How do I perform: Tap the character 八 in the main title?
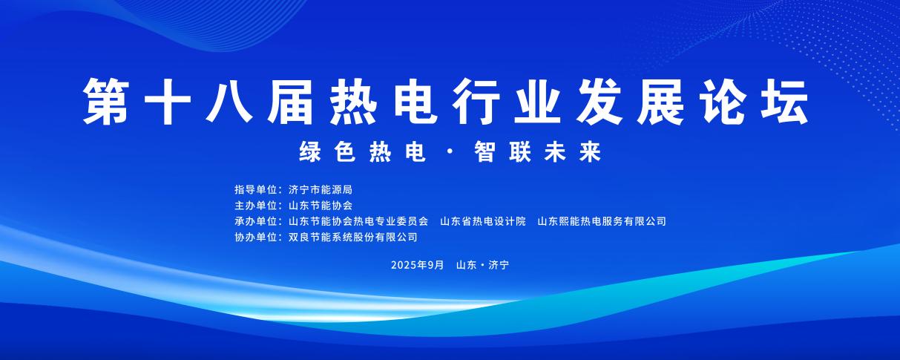[229, 101]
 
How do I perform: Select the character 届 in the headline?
[291, 101]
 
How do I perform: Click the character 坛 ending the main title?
[785, 101]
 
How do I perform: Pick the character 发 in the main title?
[600, 101]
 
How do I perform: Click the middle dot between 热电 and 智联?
[450, 153]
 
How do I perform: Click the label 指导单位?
[256, 189]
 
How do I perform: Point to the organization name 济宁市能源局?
[321, 189]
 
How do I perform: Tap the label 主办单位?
[256, 206]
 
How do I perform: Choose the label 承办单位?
[256, 221]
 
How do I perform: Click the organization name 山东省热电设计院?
[483, 221]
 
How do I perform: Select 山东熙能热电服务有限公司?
[602, 221]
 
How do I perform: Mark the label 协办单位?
[256, 238]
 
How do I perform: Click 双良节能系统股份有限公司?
[353, 238]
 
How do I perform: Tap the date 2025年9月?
[418, 265]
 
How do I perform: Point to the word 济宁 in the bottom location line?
[499, 265]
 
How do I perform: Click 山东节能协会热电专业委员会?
[358, 221]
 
